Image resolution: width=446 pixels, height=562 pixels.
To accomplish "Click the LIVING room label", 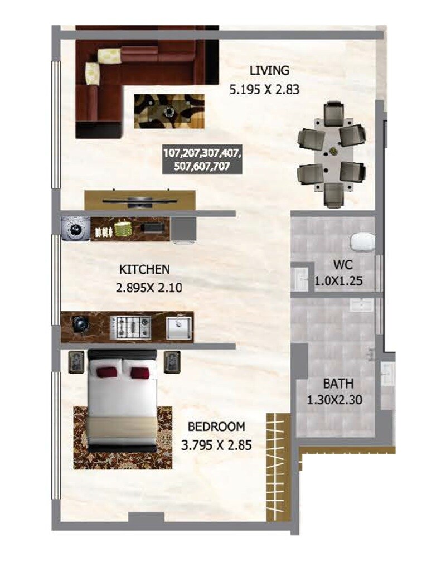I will (x=269, y=71).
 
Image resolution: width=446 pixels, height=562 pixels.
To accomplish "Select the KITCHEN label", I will (x=144, y=270).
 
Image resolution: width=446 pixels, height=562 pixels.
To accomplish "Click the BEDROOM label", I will (x=216, y=427).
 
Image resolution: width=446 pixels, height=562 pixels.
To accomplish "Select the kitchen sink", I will (x=179, y=327).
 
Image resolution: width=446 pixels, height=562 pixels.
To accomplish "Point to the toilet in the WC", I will (x=362, y=242).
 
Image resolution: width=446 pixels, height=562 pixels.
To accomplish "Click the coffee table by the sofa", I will (x=169, y=110).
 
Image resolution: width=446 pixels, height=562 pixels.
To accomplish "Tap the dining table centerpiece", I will (x=333, y=151).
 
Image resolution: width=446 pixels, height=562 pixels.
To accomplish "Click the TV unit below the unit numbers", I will (x=140, y=200).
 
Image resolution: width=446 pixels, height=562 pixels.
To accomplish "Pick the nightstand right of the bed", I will (x=172, y=362).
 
